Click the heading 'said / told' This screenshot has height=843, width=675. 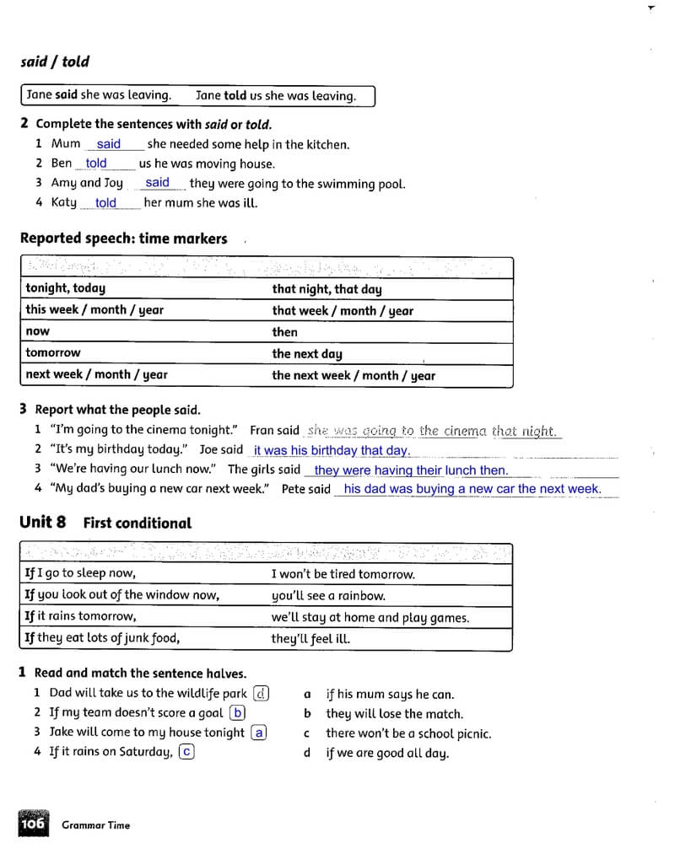[55, 62]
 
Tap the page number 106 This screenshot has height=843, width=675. [32, 823]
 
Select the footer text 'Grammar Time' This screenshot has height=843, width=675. [96, 825]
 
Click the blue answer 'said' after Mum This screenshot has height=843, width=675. [109, 144]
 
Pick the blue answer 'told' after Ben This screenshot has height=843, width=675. [97, 164]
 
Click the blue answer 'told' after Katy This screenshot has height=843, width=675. [106, 202]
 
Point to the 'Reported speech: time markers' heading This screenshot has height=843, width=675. [123, 239]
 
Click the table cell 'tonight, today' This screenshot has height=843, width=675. [66, 288]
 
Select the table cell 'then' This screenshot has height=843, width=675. [285, 332]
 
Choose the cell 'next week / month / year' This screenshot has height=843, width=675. [96, 375]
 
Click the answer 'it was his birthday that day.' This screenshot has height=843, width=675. [332, 451]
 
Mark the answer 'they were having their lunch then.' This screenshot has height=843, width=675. [411, 470]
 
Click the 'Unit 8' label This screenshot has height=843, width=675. [42, 522]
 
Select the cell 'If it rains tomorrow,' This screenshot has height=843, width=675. [80, 616]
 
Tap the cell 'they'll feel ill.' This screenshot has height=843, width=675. [310, 639]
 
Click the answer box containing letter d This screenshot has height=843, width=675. [262, 694]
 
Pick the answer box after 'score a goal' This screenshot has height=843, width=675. [238, 713]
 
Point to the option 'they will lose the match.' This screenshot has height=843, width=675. [394, 714]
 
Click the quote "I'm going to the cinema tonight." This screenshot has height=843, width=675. [144, 430]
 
